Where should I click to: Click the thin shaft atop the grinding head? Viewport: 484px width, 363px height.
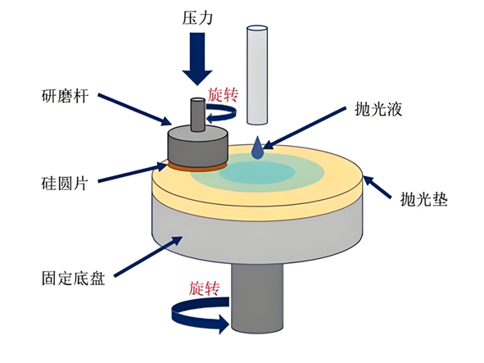coord(197,116)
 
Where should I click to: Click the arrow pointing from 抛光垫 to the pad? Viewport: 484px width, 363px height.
coord(383,185)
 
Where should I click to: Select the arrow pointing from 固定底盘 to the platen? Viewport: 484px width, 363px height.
coord(147,253)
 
